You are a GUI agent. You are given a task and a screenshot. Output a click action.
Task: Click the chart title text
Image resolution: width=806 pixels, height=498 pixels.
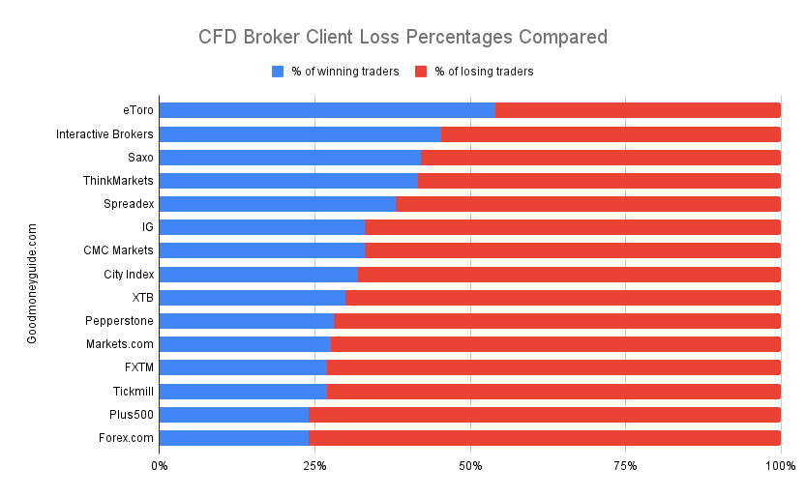coord(403,38)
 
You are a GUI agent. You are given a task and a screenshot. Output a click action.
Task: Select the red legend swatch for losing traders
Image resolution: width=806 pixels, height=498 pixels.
coord(421,72)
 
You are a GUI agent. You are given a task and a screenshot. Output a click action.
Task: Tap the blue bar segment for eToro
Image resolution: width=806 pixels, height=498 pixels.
coord(326,110)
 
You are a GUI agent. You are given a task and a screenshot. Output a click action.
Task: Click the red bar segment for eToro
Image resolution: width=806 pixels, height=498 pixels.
coord(638,110)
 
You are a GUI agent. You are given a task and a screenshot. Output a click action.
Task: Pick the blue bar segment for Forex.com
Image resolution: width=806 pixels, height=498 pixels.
coord(233,437)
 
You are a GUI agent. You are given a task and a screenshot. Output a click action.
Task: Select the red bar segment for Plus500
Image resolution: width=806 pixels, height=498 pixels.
coord(545,414)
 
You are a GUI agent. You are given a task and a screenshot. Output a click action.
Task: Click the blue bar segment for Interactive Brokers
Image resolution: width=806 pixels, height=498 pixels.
coord(299,133)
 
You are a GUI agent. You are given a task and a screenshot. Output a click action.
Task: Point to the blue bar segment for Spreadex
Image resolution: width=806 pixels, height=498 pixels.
coord(277,204)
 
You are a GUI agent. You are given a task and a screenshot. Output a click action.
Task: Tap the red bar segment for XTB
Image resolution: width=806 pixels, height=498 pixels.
coord(563,297)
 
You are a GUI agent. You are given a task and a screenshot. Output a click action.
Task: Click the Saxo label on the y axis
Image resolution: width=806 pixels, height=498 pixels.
coord(139,158)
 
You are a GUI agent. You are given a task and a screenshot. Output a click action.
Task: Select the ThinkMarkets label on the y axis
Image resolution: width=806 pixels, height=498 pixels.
coord(118,181)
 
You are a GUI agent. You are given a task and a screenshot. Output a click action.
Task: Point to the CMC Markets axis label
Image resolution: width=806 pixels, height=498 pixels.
coord(119,250)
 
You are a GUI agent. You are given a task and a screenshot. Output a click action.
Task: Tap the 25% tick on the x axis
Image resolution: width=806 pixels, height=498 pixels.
coord(314,466)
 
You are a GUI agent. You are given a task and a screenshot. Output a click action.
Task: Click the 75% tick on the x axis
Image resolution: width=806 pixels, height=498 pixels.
coord(625,466)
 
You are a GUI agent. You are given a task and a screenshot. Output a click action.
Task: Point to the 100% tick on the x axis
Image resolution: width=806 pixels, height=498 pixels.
coord(780,466)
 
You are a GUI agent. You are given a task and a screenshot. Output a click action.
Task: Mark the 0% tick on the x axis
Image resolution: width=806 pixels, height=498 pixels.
coord(160,466)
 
